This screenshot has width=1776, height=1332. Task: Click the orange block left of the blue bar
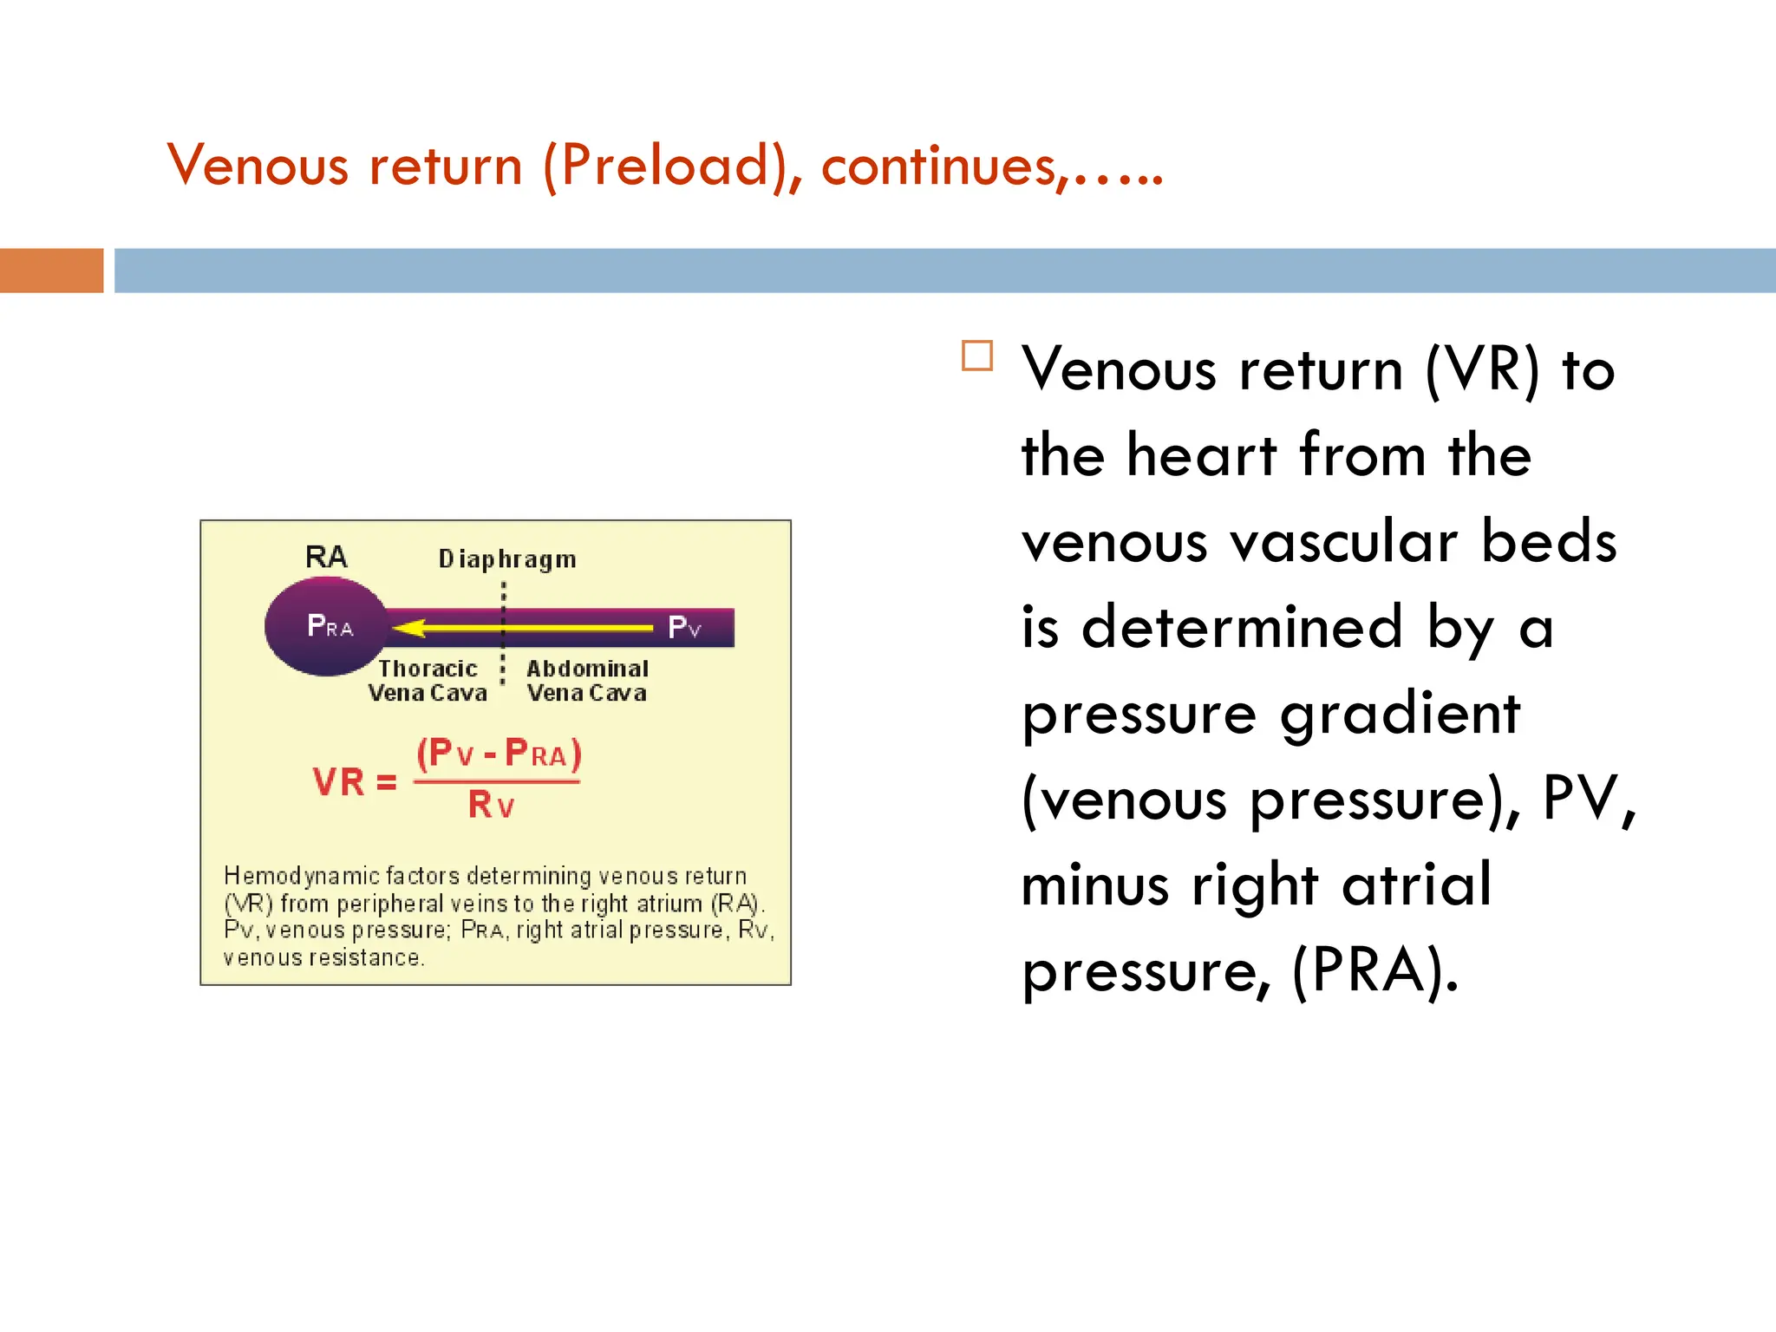point(51,271)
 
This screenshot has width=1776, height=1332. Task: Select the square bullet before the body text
point(977,356)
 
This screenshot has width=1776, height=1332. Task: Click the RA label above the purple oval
point(326,557)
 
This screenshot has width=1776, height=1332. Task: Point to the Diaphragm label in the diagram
point(507,559)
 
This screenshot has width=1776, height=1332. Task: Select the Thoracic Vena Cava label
point(428,681)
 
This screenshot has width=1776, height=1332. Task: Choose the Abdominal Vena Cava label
point(587,681)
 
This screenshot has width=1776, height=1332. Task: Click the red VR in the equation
point(339,782)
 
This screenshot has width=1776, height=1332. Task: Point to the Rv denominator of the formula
point(491,806)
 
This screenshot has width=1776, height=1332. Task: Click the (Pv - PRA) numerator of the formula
point(499,753)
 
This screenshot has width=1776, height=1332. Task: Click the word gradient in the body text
point(1400,714)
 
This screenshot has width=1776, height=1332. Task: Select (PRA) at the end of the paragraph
point(1375,971)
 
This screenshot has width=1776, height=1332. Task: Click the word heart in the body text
point(1201,455)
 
